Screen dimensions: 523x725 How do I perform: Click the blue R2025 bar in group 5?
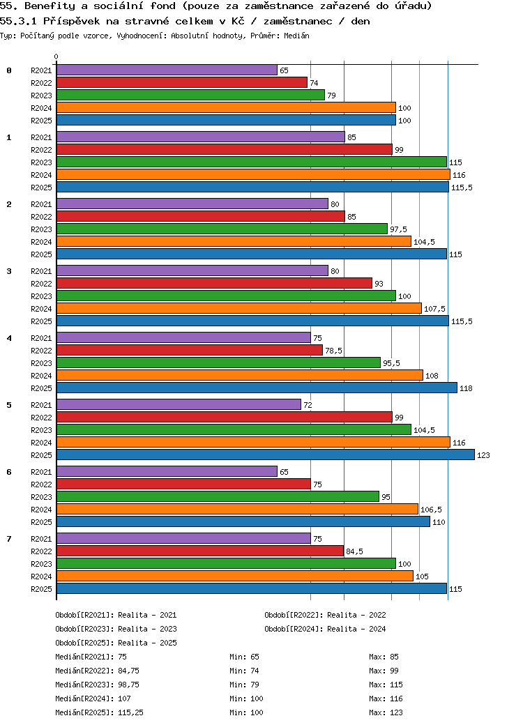pyautogui.click(x=266, y=455)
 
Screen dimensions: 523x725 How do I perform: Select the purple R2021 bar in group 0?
pyautogui.click(x=167, y=70)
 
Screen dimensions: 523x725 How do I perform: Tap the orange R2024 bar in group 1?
pyautogui.click(x=253, y=175)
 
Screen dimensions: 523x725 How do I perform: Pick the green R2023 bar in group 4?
pyautogui.click(x=218, y=363)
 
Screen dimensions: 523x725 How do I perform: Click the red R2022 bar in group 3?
pyautogui.click(x=214, y=284)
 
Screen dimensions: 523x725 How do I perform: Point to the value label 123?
pyautogui.click(x=483, y=455)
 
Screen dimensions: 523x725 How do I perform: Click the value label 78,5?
pyautogui.click(x=333, y=351)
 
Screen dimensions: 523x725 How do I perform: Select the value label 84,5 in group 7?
pyautogui.click(x=355, y=551)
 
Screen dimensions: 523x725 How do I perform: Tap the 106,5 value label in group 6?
pyautogui.click(x=431, y=510)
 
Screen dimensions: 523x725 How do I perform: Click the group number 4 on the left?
pyautogui.click(x=9, y=338)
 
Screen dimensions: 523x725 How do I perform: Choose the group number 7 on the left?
pyautogui.click(x=9, y=539)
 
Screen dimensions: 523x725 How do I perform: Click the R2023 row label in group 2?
pyautogui.click(x=41, y=229)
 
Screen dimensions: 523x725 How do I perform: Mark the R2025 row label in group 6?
pyautogui.click(x=41, y=522)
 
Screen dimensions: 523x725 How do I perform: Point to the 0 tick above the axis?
pyautogui.click(x=56, y=57)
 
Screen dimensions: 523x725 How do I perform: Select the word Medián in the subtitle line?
pyautogui.click(x=296, y=36)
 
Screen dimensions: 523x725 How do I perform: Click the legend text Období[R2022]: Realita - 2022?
pyautogui.click(x=325, y=615)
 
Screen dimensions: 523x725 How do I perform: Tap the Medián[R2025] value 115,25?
pyautogui.click(x=130, y=713)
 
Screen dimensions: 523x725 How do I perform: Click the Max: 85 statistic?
pyautogui.click(x=384, y=657)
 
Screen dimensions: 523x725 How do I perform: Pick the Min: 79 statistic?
pyautogui.click(x=244, y=685)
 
